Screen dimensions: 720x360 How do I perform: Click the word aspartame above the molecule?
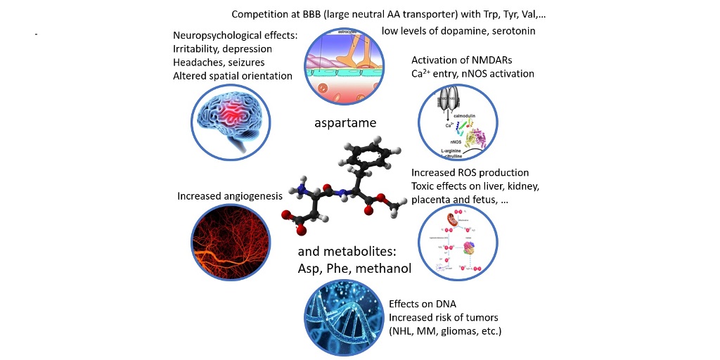[345, 123]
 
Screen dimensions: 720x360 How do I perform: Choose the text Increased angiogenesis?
[230, 195]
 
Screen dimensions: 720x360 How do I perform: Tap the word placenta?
[434, 200]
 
